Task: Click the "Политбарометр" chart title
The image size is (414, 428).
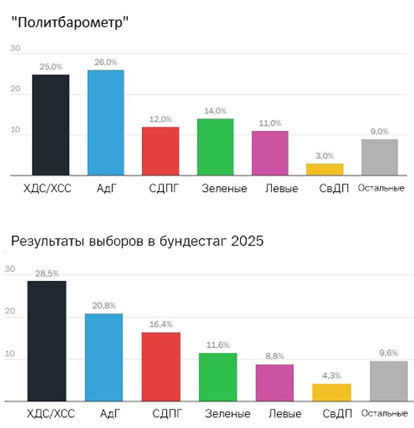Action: [71, 22]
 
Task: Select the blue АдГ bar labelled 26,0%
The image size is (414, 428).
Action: [106, 123]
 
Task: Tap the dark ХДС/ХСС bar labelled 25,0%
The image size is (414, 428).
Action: [50, 125]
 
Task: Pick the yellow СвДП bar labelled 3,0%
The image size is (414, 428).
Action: [324, 170]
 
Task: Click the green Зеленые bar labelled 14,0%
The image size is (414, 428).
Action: [215, 148]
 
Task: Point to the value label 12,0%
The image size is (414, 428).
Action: [160, 118]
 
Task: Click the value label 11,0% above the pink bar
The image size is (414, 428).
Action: [270, 123]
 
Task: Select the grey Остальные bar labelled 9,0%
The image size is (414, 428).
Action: [379, 157]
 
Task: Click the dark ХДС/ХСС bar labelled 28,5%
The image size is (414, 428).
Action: [47, 340]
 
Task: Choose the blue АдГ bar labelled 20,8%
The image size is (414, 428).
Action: [103, 357]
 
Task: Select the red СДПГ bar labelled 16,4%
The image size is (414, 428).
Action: [160, 366]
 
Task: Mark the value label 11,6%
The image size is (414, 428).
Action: [217, 344]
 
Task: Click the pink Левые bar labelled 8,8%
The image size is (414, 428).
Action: [275, 382]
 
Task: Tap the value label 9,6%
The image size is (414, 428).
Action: [389, 352]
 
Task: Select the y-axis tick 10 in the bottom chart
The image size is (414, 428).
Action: [10, 358]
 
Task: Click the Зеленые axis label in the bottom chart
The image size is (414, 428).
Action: [228, 414]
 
